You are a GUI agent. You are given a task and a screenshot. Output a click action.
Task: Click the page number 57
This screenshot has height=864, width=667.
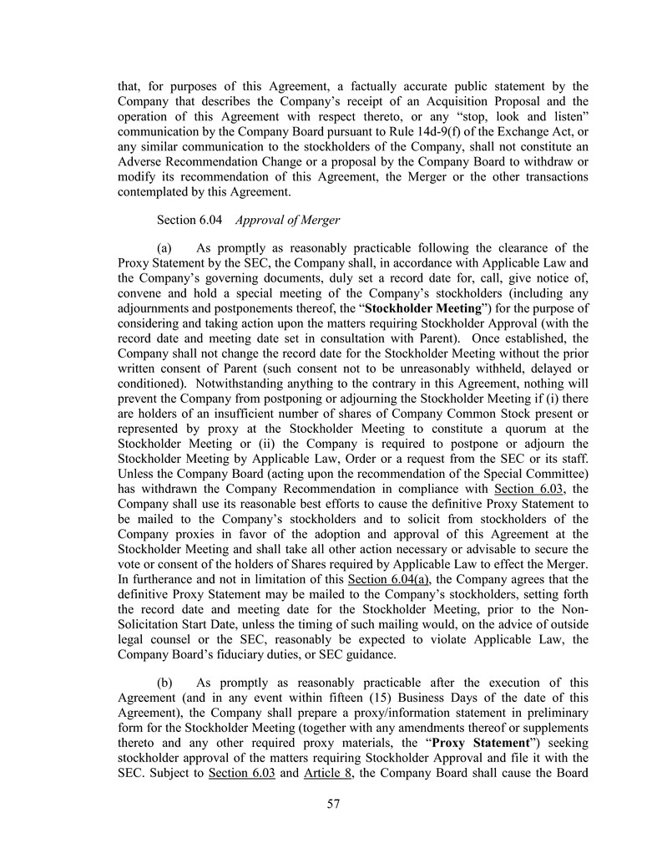click(x=333, y=805)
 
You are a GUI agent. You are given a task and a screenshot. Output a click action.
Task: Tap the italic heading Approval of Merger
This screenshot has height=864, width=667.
click(x=287, y=221)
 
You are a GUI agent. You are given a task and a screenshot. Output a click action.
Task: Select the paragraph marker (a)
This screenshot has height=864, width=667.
click(x=164, y=247)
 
